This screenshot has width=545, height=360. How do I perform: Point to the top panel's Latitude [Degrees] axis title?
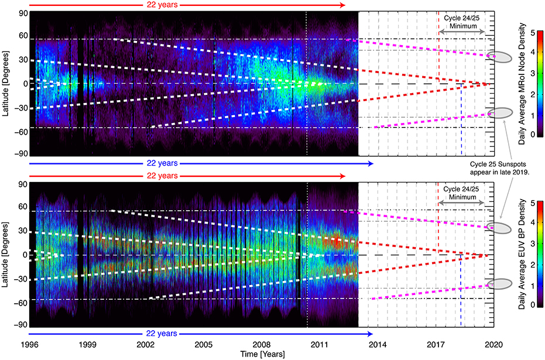click(6, 83)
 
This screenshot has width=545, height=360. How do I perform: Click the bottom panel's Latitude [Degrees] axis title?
click(6, 255)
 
